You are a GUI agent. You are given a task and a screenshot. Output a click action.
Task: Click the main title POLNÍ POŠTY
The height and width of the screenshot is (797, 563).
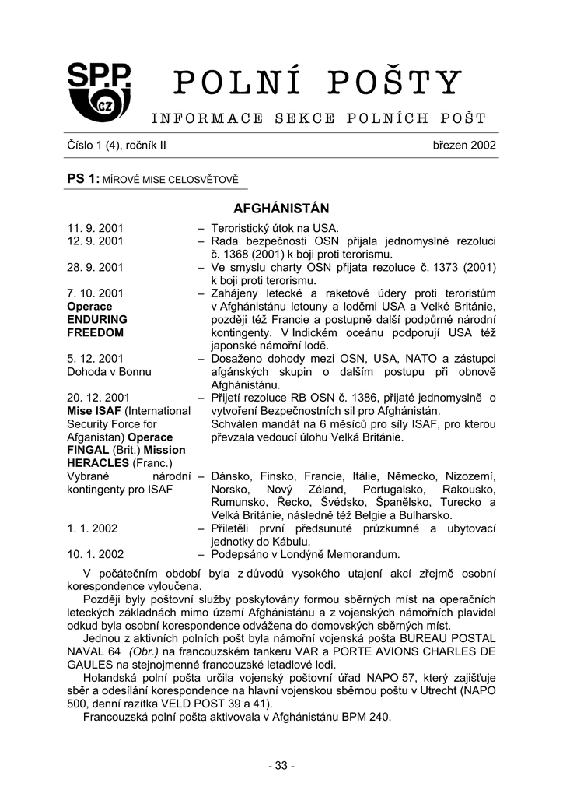pos(317,83)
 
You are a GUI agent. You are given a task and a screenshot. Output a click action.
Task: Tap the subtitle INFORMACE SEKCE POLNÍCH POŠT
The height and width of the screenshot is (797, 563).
pos(318,118)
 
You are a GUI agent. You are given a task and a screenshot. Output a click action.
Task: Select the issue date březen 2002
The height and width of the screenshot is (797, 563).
pos(464,146)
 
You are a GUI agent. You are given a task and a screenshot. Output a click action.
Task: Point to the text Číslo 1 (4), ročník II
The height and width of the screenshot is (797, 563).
pos(116,146)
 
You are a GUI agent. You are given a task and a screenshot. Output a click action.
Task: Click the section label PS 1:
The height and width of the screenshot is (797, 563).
pos(83,179)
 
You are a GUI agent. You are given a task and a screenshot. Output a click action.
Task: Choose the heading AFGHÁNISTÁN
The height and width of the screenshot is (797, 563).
pos(281,209)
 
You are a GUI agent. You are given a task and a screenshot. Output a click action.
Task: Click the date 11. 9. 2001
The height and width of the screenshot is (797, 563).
pos(96,228)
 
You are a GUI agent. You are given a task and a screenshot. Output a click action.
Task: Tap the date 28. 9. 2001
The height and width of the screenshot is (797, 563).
pos(96,267)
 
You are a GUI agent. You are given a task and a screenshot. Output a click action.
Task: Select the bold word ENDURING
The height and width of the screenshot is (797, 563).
pos(97,319)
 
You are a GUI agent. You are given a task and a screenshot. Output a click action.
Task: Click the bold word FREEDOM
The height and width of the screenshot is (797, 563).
pos(96,332)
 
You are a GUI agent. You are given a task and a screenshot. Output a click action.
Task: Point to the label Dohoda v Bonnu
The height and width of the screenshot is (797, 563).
pos(105,371)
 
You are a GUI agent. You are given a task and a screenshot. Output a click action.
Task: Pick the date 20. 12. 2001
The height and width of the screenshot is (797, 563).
pos(99,398)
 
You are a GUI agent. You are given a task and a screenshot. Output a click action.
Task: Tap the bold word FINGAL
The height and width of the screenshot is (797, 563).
pos(88,450)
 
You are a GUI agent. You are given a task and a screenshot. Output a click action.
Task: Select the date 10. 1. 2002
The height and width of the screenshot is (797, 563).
pos(96,554)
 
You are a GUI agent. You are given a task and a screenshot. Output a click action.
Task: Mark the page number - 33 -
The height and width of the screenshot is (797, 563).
pos(281,766)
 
